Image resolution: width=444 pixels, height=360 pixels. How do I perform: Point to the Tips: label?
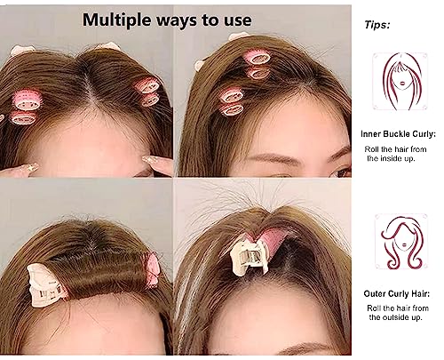pos(378,26)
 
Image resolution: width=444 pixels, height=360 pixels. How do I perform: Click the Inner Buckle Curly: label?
pos(399,132)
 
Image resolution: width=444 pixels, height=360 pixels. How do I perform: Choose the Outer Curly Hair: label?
pos(398,292)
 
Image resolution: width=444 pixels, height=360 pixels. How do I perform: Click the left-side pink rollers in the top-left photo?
pos(27,108)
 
